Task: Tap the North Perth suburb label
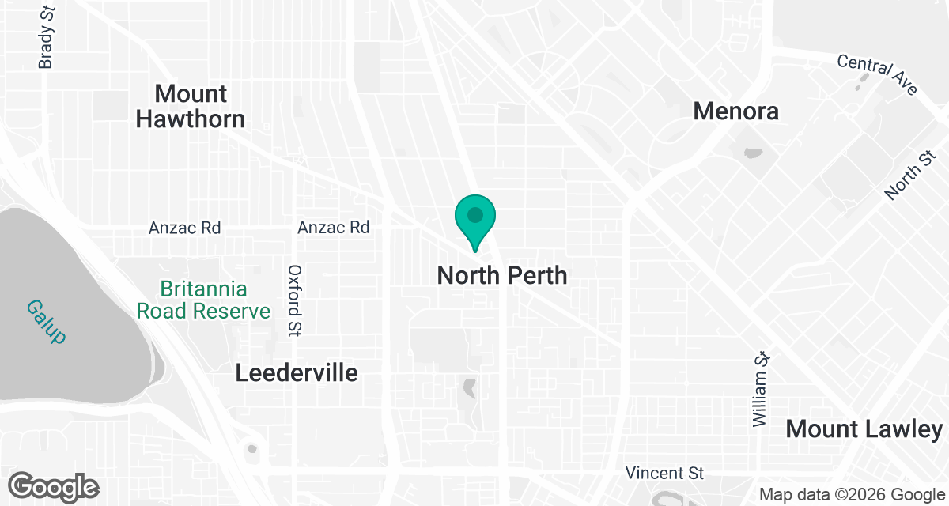coord(502,276)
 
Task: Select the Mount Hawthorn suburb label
coord(191,106)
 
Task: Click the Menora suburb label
coord(735,111)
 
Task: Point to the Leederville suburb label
coord(297,372)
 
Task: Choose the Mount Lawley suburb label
coord(864,429)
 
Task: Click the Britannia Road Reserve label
coord(203,300)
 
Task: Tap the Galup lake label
coord(46,320)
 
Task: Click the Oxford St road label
coord(295,300)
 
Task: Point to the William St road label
coord(761,390)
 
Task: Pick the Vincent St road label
coord(664,474)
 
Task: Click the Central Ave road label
coord(876,74)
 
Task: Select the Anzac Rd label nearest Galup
coord(184,228)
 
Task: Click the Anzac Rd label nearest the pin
coord(333,228)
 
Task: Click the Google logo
coord(54,486)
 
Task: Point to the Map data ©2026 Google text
coord(851,495)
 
